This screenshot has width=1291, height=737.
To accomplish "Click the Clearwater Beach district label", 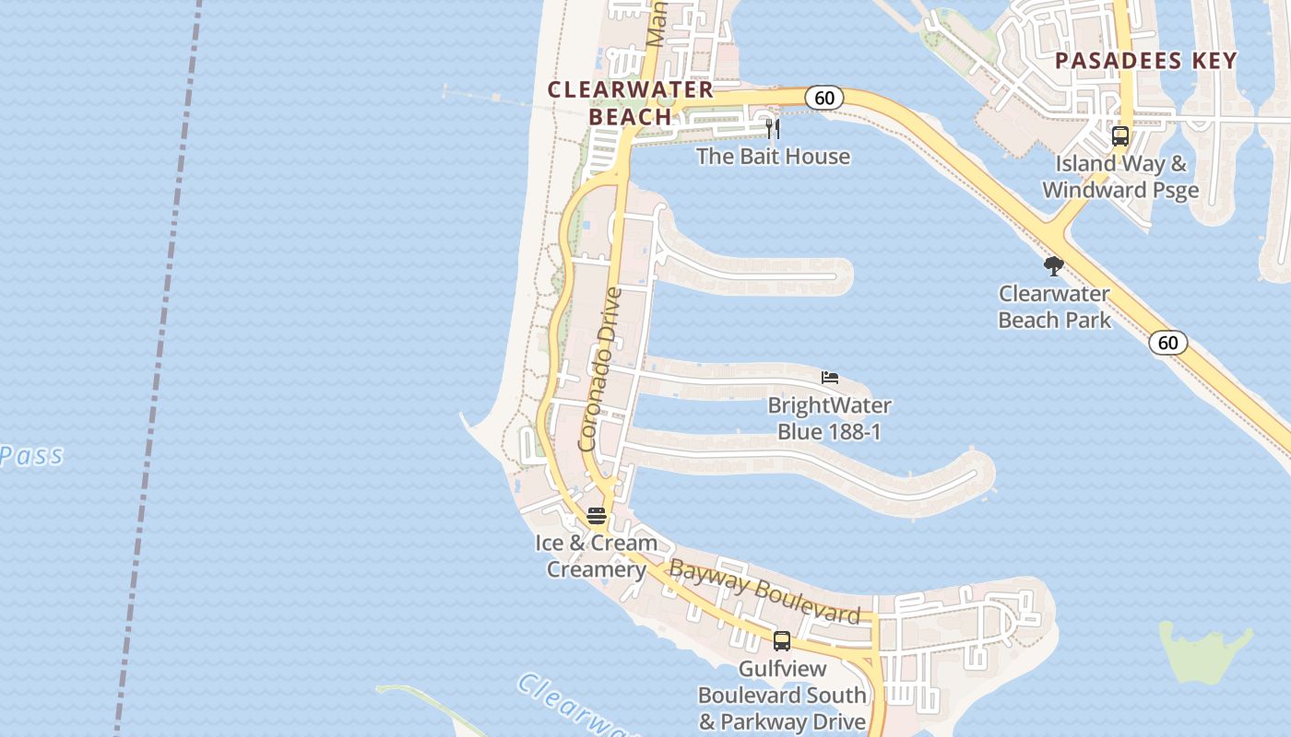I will [x=631, y=102].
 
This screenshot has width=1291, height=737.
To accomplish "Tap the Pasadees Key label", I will [x=1145, y=61].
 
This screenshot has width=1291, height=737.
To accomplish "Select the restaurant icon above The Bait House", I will [x=773, y=128].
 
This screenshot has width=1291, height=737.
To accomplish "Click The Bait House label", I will [x=773, y=157].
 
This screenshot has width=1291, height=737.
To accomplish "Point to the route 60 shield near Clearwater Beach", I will [x=824, y=98].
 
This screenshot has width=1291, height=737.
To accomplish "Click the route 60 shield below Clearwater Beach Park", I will [x=1167, y=343].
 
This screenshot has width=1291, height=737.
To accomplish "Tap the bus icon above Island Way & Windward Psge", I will [x=1120, y=136].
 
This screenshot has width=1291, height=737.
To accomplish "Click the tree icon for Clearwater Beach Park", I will [x=1054, y=267].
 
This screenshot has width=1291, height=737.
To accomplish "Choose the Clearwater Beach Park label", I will [x=1055, y=307].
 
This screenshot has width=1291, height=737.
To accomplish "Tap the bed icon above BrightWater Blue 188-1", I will [x=830, y=378].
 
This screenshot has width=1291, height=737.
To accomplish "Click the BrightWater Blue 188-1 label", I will [x=829, y=418].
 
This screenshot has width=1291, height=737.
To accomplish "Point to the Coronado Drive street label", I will [x=600, y=368].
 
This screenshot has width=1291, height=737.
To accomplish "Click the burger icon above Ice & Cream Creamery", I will [x=597, y=516].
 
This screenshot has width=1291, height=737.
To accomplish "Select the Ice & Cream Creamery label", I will [x=597, y=556].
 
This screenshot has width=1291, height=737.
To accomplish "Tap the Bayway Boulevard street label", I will [x=764, y=591].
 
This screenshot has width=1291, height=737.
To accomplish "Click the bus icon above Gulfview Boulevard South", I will [x=782, y=641].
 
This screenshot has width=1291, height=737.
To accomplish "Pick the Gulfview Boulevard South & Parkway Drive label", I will [x=782, y=696].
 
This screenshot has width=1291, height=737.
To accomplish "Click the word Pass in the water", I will [x=32, y=455].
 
